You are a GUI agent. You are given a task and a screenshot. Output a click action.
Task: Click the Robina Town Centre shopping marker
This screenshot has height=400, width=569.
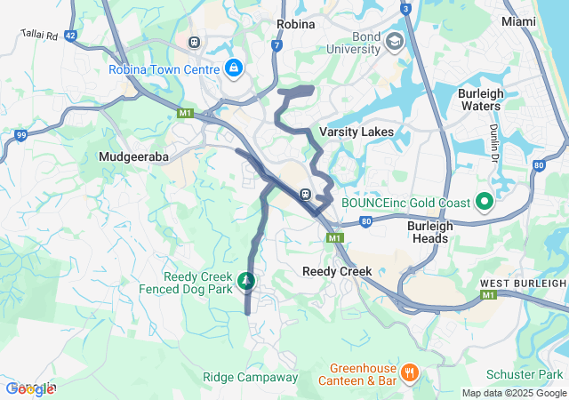(234, 67)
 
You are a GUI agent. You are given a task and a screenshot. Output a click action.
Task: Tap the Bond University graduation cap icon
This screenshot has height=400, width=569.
(394, 41)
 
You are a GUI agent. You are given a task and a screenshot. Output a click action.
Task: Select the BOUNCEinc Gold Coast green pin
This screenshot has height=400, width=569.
(485, 202)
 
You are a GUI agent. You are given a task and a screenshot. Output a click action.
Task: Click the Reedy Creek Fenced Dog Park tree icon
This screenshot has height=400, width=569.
(246, 282)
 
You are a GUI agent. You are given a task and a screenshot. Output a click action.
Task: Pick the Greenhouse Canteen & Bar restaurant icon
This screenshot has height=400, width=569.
(409, 372)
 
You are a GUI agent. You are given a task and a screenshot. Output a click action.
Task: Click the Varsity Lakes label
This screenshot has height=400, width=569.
(357, 132)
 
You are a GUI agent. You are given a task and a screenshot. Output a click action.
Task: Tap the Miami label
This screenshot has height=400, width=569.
(518, 20)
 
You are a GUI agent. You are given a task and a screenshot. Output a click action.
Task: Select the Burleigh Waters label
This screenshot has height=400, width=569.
(480, 100)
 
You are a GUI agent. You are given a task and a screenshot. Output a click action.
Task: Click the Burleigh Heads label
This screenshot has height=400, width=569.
(430, 233)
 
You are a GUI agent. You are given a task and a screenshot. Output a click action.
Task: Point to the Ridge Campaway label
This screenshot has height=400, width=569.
(251, 377)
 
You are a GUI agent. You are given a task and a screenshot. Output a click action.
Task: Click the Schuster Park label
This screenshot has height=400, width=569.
(525, 374)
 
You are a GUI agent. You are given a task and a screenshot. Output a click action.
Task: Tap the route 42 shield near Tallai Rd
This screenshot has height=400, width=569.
(70, 35)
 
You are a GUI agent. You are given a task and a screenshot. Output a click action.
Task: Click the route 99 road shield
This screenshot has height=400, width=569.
(20, 135)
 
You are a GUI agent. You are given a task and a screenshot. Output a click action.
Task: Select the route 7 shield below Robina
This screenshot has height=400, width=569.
(277, 44)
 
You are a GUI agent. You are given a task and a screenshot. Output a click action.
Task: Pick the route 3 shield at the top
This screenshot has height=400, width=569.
(405, 9)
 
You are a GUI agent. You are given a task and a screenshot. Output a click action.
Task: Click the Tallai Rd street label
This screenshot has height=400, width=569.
(39, 36)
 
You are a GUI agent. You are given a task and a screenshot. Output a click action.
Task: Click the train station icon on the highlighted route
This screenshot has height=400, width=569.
(305, 194)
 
